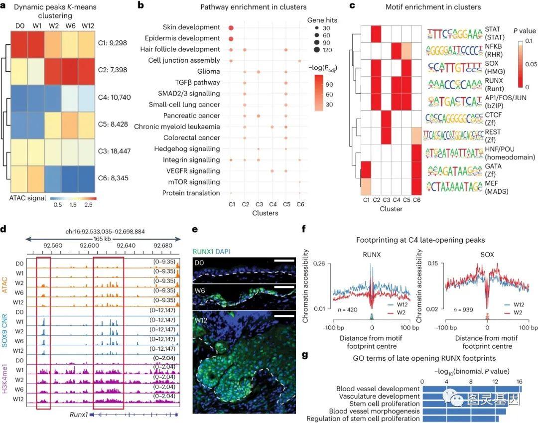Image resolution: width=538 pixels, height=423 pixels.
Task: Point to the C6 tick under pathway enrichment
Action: (x=299, y=204)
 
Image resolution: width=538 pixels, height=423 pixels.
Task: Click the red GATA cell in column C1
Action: (x=367, y=171)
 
